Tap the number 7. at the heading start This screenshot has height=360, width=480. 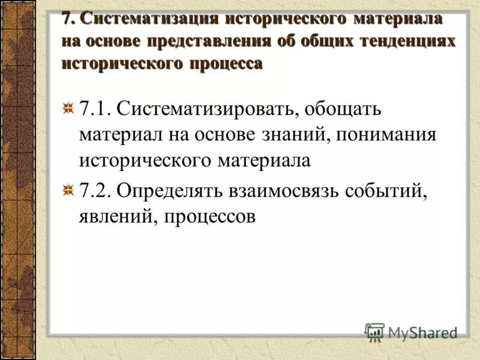coord(69,19)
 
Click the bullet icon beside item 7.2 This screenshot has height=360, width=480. coord(69,190)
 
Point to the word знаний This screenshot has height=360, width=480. coord(293,134)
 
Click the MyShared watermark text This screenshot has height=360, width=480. coord(422,332)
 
